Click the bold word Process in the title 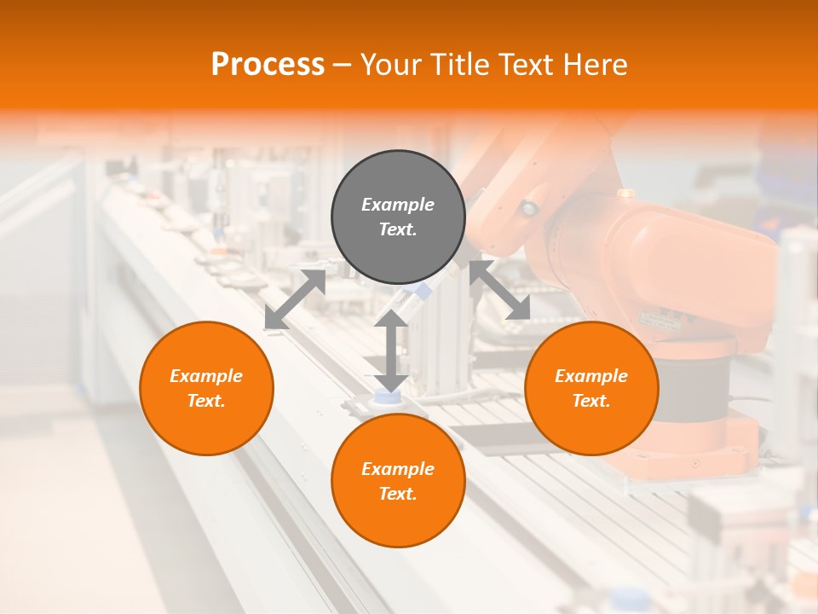(268, 65)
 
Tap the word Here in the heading (593, 65)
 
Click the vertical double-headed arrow (391, 350)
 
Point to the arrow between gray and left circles (295, 299)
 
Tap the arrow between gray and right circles (500, 291)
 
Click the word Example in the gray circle (398, 205)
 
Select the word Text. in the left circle (206, 401)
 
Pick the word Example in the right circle (591, 376)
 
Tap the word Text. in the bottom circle (398, 494)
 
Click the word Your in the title (389, 65)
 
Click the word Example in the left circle (206, 376)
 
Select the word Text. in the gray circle (398, 229)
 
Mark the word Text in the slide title (521, 65)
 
